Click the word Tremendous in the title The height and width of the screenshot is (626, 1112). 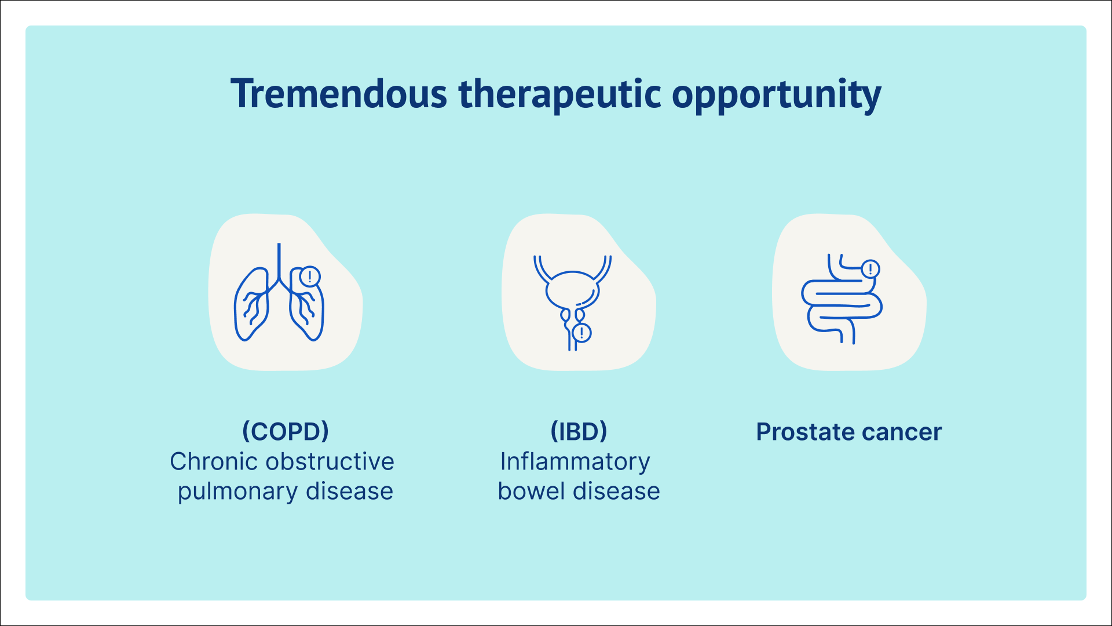coord(339,94)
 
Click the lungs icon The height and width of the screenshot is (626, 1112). coord(279,292)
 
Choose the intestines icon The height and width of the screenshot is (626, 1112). coord(841,299)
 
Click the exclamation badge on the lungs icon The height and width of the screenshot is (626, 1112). coord(310,276)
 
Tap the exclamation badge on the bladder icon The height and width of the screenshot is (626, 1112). coord(581,333)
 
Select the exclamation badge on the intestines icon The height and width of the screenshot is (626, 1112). coord(870,269)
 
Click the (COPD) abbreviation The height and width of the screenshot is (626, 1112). coord(286,431)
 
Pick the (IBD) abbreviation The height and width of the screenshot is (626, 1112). coord(579,431)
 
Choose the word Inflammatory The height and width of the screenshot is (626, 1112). coord(575,463)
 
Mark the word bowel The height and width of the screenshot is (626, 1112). coord(531,492)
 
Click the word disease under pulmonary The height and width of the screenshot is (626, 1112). coord(349,492)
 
